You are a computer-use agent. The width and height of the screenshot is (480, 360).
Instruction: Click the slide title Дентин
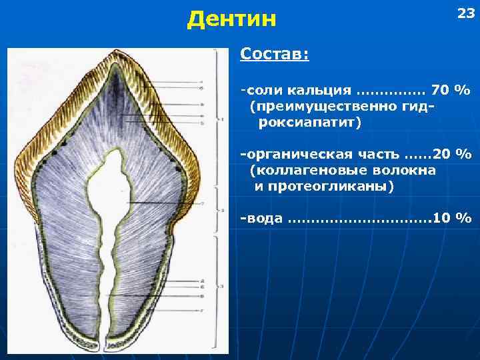pyautogui.click(x=231, y=19)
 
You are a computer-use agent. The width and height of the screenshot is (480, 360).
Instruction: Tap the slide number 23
pyautogui.click(x=464, y=13)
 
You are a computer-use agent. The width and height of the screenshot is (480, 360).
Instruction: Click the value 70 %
pyautogui.click(x=451, y=90)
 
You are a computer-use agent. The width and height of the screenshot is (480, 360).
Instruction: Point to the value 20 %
pyautogui.click(x=452, y=154)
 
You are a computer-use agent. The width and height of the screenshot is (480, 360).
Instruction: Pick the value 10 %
pyautogui.click(x=452, y=218)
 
